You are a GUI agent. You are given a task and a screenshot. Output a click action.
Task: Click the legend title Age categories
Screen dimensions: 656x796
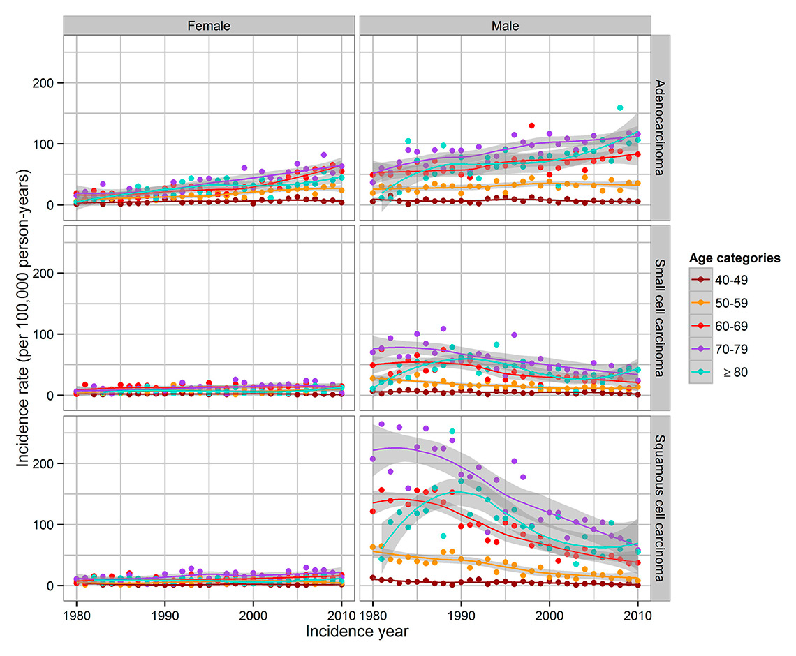tap(735, 258)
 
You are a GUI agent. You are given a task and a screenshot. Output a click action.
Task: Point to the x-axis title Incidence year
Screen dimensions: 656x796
tap(356, 632)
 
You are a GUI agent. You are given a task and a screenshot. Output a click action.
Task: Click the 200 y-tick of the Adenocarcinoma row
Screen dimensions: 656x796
tap(47, 82)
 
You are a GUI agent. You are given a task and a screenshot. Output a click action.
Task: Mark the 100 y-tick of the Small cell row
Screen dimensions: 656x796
tap(47, 334)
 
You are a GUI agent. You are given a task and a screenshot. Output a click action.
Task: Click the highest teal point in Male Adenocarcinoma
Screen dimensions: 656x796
tap(620, 108)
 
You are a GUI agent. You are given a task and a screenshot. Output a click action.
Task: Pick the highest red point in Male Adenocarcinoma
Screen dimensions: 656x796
tap(532, 126)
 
